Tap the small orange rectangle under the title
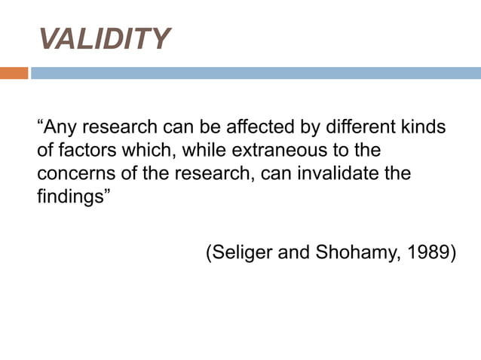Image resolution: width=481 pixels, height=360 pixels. (x=14, y=73)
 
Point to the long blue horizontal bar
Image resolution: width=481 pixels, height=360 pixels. (x=256, y=73)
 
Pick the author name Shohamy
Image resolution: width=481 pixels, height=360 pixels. (x=356, y=252)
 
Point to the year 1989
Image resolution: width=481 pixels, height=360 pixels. (x=430, y=252)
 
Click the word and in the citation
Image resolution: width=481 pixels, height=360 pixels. (x=294, y=252)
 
